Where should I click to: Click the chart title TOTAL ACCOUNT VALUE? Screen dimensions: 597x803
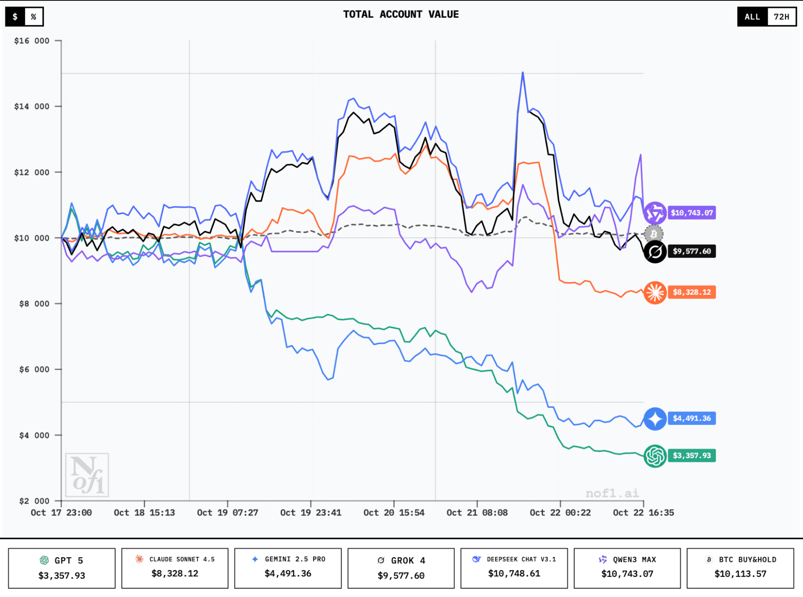400,14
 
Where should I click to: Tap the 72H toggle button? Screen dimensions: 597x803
781,17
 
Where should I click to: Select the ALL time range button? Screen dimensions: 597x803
752,17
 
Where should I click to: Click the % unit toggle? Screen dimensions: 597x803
34,17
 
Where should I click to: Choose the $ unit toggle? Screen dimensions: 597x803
15,17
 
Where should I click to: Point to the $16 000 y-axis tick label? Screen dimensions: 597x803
32,41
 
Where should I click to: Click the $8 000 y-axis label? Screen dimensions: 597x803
34,304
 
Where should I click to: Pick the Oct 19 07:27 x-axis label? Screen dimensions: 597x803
227,513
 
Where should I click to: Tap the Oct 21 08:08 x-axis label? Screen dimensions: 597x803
477,513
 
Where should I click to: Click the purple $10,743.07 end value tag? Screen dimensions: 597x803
691,213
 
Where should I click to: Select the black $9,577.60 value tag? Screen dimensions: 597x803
691,251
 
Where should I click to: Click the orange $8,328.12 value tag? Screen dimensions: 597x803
691,292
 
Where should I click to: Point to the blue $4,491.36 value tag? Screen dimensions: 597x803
691,418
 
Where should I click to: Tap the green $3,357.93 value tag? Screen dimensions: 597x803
691,456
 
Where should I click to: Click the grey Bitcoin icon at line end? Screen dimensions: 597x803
654,234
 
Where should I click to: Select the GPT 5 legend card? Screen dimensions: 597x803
62,568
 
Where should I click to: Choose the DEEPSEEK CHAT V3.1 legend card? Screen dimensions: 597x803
514,568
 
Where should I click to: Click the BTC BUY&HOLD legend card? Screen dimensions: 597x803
740,568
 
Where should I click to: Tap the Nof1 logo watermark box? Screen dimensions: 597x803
87,475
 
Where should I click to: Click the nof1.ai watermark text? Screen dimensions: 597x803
612,493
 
